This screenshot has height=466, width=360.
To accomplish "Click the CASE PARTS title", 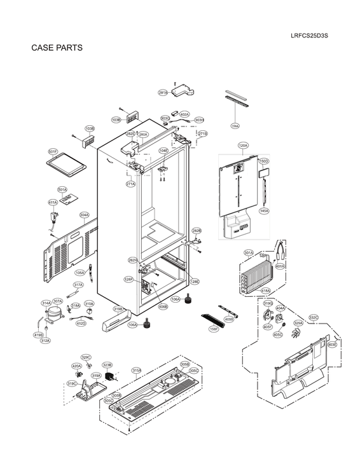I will [57, 48].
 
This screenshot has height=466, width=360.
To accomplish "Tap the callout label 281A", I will [163, 93].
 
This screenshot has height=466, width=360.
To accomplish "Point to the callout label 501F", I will [53, 151].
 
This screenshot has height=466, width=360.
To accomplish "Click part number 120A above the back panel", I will [243, 146].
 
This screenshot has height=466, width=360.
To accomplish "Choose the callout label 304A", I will [84, 215].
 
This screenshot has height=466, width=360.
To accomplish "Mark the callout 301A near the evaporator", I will [249, 252].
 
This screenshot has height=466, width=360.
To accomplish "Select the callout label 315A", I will [136, 370].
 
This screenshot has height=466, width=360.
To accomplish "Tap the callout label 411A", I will [53, 202].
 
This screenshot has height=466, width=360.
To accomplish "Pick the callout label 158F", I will [214, 329].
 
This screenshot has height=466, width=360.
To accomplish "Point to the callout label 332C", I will [314, 317].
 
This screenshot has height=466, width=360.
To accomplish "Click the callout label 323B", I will [107, 365].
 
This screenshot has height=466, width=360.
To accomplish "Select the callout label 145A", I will [263, 210].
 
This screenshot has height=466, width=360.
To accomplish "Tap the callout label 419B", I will [38, 334].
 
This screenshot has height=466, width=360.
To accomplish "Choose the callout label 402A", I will [184, 114].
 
